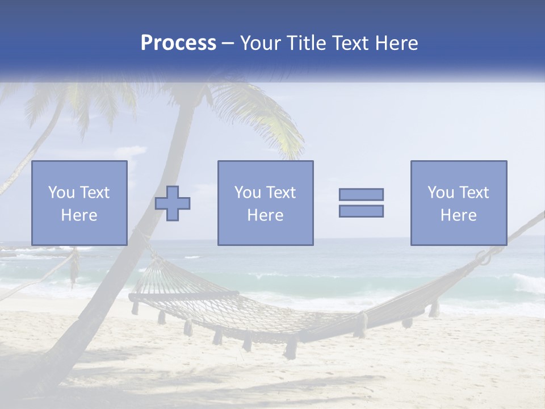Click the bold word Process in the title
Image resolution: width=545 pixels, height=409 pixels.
point(178,43)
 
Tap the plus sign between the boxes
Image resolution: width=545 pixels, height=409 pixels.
point(173,203)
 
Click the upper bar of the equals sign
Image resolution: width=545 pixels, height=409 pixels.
point(361,194)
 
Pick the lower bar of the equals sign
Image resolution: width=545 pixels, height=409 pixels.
point(361,211)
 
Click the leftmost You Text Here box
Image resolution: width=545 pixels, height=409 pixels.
point(79,203)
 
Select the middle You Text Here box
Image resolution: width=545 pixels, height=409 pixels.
point(265,203)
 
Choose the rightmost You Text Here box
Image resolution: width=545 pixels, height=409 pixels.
point(458,203)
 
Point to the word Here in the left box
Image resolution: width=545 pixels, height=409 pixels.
point(79,215)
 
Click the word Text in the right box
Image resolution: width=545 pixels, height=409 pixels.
point(474,193)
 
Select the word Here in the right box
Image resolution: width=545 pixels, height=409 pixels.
point(458,215)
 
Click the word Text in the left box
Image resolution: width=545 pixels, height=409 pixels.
point(94,193)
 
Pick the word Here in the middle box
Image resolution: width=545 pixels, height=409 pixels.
point(265,215)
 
